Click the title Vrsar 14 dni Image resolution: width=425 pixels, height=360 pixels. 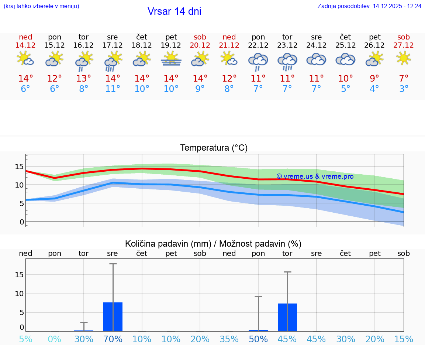(174, 11)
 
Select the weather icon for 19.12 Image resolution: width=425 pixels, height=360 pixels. (171, 59)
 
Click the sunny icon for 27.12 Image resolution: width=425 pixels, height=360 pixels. (404, 58)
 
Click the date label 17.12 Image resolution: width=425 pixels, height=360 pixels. (113, 45)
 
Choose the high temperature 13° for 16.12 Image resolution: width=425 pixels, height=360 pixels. (84, 79)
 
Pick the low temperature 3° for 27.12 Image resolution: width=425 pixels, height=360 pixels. (404, 89)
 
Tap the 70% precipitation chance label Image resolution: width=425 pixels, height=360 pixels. (113, 339)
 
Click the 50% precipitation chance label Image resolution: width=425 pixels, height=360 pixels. (258, 339)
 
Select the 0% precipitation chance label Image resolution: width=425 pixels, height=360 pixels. (55, 339)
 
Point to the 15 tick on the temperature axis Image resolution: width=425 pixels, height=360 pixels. (19, 167)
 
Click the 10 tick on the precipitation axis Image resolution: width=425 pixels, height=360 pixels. (19, 293)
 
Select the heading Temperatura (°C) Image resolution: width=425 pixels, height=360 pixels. (214, 148)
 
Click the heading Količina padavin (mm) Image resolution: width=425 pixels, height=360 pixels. (168, 244)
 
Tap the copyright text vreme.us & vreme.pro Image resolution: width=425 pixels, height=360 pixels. (315, 176)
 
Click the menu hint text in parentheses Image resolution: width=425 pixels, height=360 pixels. (41, 6)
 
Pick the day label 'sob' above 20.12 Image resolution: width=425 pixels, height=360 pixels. (200, 37)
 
